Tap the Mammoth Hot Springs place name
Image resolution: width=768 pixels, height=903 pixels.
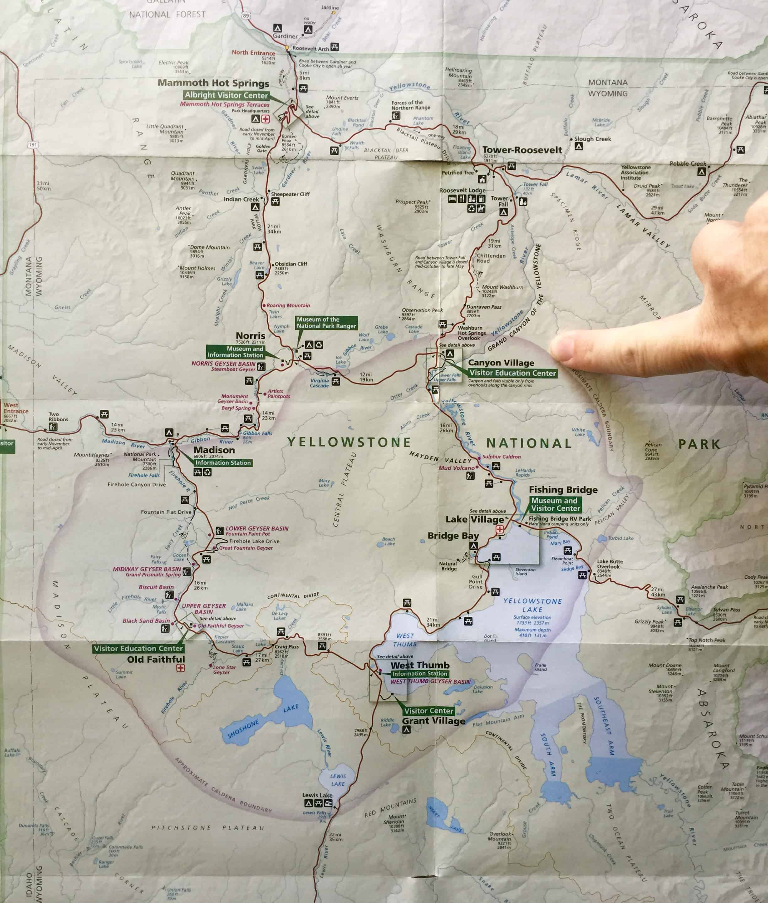point(213,83)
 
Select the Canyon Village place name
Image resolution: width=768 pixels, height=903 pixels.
point(501,363)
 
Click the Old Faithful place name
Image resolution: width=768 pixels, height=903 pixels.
point(156,659)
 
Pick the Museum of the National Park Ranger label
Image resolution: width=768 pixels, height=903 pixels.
point(326,323)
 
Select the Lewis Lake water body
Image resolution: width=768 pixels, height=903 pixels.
point(337,780)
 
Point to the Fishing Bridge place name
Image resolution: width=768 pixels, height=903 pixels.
point(563,490)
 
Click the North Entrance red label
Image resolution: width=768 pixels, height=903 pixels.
point(253,53)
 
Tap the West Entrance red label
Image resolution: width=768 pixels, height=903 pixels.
point(16,408)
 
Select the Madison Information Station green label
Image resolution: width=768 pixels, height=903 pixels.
point(223,463)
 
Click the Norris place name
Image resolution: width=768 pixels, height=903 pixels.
point(250,336)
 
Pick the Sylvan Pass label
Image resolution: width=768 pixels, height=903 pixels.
point(726,610)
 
